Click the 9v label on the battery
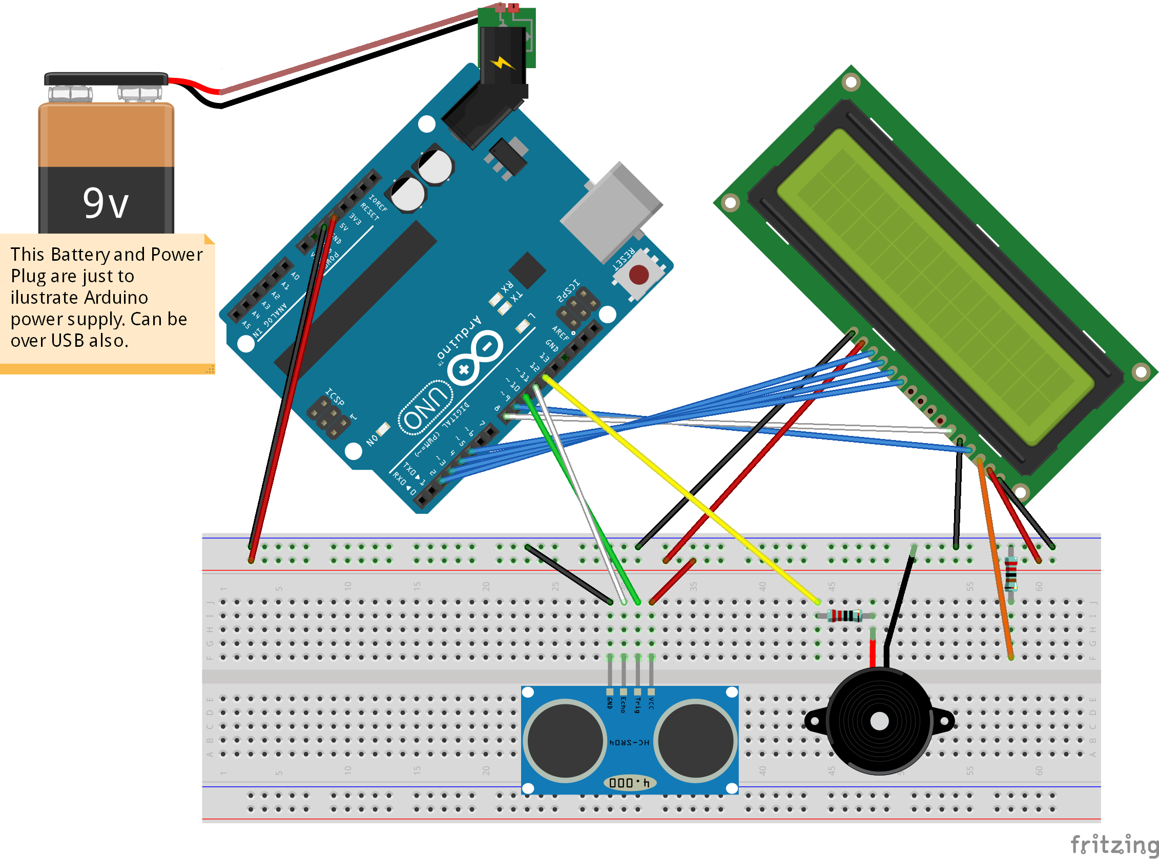[x=106, y=203]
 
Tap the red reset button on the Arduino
[x=639, y=275]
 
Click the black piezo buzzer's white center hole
[x=879, y=721]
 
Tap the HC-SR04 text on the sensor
[x=629, y=743]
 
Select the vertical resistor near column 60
[x=1011, y=574]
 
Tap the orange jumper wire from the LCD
[x=995, y=556]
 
